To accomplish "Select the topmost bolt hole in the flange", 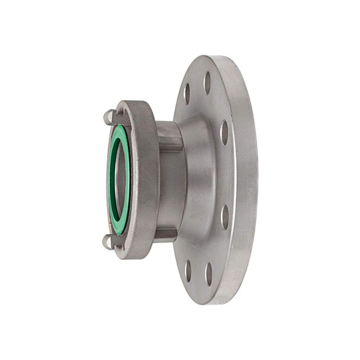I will pos(207,83).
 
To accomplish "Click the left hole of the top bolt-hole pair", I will pos(187,94).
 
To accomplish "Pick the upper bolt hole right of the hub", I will pos(224,133).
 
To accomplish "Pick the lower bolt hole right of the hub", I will pos(225,217).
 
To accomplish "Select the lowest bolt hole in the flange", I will pos(208,274).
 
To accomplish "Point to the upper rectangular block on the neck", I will pos(169,136).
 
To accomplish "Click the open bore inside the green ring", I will pos(121,179).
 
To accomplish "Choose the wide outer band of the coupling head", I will pos(146,180).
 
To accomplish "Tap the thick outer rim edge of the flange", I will pos(247,180).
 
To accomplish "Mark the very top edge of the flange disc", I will pos(212,57).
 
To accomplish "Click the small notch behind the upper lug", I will pos(120,112).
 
